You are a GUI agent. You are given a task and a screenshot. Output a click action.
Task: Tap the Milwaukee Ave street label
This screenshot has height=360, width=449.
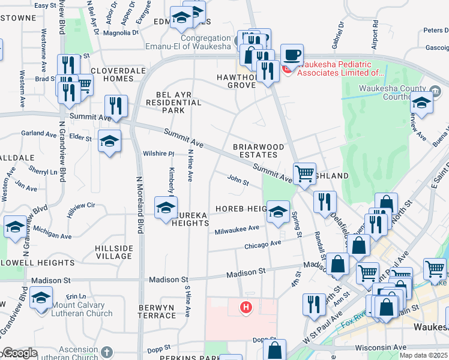tap(237, 229)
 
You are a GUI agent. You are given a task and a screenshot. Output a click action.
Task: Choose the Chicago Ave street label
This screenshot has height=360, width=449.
tap(262, 244)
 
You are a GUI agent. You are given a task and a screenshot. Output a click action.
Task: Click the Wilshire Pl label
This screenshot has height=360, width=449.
tap(158, 154)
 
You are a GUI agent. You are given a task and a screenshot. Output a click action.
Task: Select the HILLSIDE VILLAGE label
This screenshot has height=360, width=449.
tap(114, 252)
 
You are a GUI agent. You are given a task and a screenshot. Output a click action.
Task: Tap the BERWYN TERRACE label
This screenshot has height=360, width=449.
tap(156, 312)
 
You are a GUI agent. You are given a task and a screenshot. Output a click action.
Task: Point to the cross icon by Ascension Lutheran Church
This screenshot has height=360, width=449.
tap(107, 352)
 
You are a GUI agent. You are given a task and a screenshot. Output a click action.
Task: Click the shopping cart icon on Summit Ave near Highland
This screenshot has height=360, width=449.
tap(305, 174)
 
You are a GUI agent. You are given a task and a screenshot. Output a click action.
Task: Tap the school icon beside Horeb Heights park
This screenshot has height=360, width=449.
tap(278, 212)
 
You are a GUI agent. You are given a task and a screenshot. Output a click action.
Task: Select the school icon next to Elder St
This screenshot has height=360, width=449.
tap(109, 142)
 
